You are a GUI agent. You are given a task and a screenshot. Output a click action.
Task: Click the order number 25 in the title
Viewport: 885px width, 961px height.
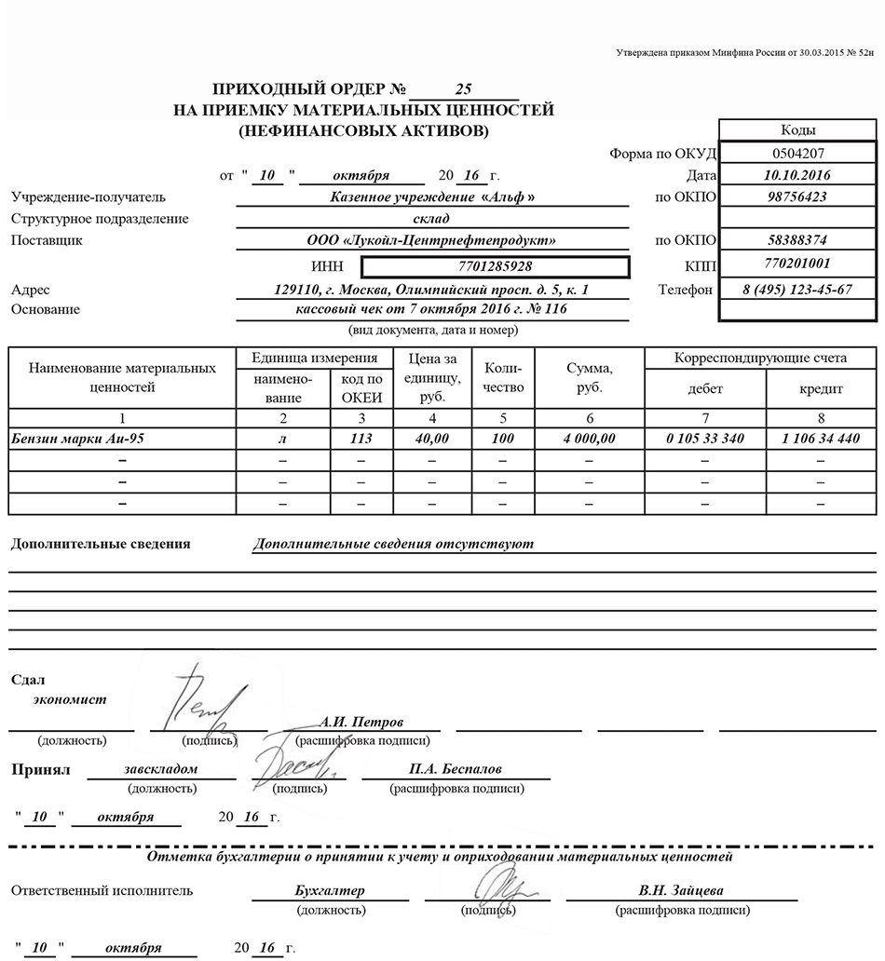(x=464, y=90)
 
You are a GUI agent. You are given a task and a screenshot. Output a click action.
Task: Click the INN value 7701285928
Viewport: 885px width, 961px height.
(x=496, y=267)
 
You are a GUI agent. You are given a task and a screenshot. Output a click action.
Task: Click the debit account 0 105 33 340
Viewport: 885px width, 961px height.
(x=705, y=438)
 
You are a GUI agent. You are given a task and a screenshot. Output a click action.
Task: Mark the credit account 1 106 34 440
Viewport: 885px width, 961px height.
(x=821, y=438)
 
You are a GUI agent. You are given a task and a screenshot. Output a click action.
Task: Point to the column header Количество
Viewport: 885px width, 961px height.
(x=504, y=380)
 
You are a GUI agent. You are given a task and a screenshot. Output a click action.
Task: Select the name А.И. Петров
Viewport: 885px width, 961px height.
(x=361, y=722)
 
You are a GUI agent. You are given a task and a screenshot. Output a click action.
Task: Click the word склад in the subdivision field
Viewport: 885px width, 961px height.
(x=431, y=219)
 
